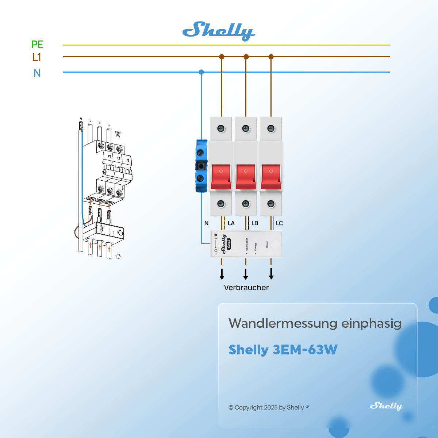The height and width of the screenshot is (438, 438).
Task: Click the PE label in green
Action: tap(37, 45)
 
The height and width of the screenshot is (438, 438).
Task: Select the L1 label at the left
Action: tap(36, 57)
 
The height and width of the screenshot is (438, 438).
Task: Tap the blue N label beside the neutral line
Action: tap(37, 73)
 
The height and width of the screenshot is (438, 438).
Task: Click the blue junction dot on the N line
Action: tap(201, 72)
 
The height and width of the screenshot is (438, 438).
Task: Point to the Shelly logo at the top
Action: tap(219, 31)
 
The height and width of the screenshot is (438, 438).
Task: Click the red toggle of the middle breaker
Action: tap(246, 176)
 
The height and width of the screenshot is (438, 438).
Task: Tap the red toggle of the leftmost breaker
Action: tap(221, 176)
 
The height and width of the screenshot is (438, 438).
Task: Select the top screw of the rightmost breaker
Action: tap(271, 128)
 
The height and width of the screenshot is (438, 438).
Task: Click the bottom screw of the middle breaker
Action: tap(246, 204)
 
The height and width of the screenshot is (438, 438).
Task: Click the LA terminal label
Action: tap(231, 223)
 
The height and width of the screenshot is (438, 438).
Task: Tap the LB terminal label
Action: tap(255, 223)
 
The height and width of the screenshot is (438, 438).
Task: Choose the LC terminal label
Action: tap(279, 223)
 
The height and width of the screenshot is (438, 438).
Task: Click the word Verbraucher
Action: tap(246, 288)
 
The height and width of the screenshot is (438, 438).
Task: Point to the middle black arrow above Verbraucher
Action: tap(246, 274)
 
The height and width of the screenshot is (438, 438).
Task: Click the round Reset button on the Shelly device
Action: tap(275, 244)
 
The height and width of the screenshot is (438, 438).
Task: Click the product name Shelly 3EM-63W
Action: tap(283, 350)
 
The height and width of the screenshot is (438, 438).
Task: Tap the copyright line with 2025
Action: tap(268, 407)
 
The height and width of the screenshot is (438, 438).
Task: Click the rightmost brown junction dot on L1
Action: tap(271, 57)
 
